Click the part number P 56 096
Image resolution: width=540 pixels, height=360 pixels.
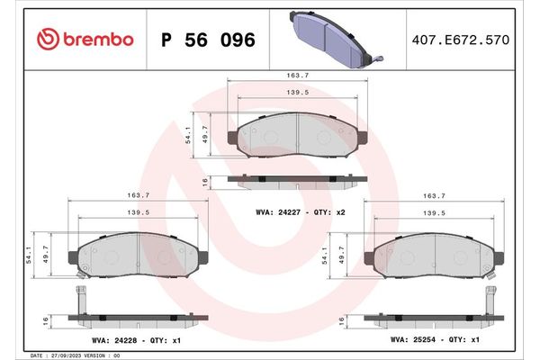(208, 40)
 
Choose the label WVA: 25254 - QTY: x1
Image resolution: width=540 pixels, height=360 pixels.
(434, 341)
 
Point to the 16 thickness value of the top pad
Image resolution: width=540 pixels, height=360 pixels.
(205, 181)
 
